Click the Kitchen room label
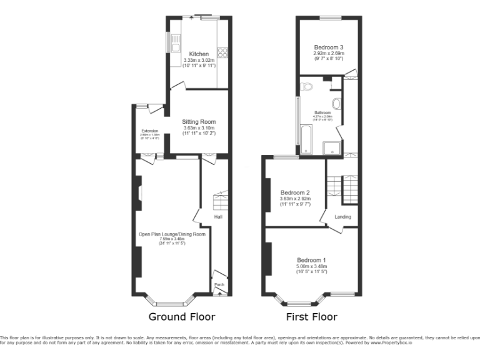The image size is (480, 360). click(x=199, y=54)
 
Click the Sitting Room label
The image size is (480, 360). click(x=199, y=122)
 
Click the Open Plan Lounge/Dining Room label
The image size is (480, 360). click(x=172, y=234)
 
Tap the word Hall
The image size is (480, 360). click(x=219, y=217)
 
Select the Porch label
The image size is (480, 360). click(x=219, y=284)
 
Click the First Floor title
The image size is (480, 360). click(x=311, y=316)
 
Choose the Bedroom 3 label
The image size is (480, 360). click(x=328, y=47)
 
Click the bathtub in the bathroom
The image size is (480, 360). click(x=306, y=139)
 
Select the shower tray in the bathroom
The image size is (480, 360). click(x=332, y=147)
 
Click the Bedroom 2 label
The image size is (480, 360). click(x=295, y=192)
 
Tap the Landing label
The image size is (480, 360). click(x=342, y=217)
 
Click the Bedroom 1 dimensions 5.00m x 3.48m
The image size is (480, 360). click(x=311, y=267)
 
